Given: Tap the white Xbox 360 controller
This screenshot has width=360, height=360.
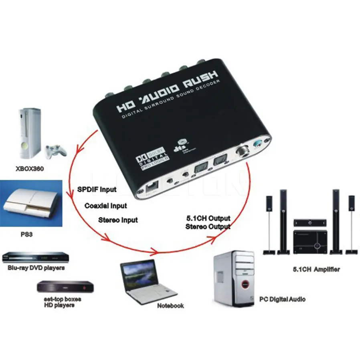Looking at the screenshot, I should tap(54, 151).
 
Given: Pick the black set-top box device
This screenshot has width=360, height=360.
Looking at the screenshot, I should tap(65, 287).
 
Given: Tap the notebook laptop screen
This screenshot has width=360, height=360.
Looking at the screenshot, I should tap(140, 273).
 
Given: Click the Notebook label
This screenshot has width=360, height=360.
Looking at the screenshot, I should tap(170, 305).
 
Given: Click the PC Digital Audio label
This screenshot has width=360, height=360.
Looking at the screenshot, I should tap(282, 299).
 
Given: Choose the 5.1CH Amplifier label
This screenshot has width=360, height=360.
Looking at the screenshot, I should tap(316, 269).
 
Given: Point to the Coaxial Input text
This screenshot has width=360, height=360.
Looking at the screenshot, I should tap(106, 206).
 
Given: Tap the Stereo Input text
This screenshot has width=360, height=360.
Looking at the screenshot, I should tap(118, 220).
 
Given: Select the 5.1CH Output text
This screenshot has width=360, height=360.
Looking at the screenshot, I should tap(208, 218).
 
